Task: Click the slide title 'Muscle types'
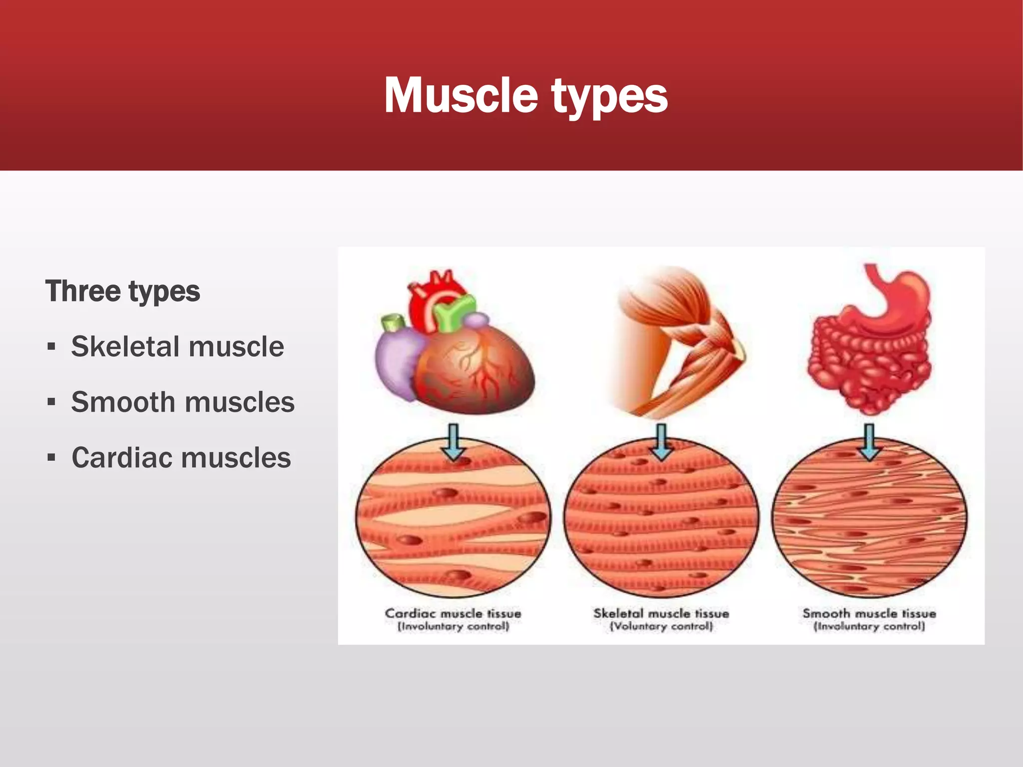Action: (525, 95)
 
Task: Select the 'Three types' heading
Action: (123, 291)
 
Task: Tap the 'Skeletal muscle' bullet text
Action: (177, 347)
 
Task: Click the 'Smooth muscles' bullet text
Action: (183, 402)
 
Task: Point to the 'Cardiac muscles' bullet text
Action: (181, 457)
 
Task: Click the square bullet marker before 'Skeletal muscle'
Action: (51, 347)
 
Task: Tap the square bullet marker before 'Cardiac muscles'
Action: (51, 458)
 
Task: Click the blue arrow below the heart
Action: (454, 442)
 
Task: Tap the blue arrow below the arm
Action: (662, 442)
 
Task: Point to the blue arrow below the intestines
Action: (870, 442)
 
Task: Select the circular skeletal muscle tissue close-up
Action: (662, 519)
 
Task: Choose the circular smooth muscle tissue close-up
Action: (870, 519)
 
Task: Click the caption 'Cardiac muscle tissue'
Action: (453, 614)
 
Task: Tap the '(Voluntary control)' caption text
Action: (661, 627)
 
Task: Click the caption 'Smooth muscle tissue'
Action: (869, 614)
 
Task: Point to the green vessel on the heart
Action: (454, 312)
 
